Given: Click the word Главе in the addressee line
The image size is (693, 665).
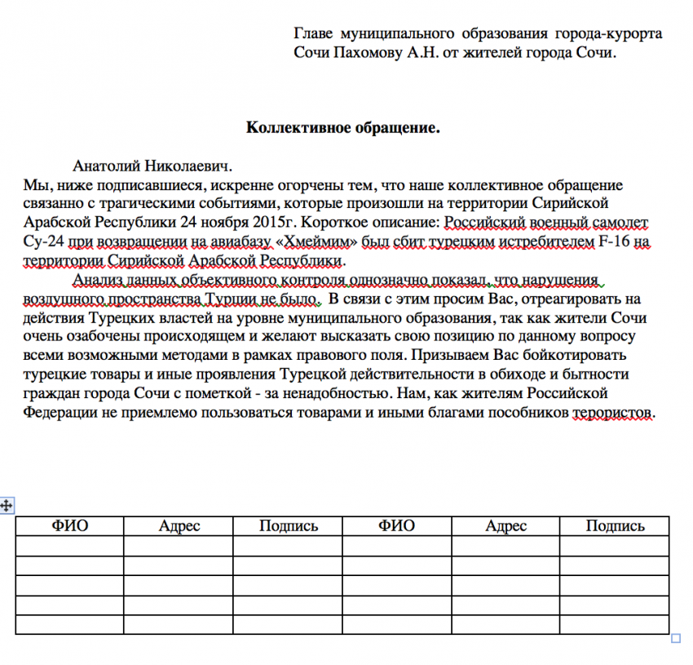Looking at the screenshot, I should (x=312, y=34).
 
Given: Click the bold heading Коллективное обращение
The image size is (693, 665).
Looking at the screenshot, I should (x=343, y=128).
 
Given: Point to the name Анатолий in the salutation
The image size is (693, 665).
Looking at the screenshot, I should (x=105, y=166).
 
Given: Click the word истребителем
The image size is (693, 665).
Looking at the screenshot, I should (x=554, y=242).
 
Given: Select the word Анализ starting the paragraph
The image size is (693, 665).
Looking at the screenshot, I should (x=96, y=280).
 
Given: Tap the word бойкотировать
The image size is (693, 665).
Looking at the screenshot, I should (x=583, y=356).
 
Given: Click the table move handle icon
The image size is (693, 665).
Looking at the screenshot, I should (x=7, y=506).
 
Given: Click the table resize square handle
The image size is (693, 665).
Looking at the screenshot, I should (x=676, y=639).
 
